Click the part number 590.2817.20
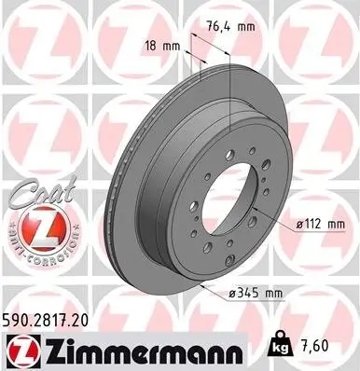pos(56,320)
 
